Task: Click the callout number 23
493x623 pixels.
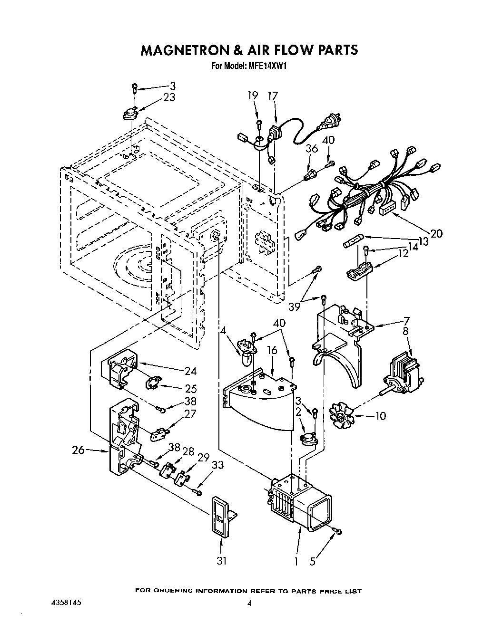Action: click(169, 97)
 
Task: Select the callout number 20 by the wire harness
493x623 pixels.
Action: click(436, 233)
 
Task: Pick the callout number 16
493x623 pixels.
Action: click(272, 350)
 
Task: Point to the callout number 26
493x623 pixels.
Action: click(79, 450)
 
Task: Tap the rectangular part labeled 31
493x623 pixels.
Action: click(220, 517)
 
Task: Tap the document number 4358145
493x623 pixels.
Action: click(60, 602)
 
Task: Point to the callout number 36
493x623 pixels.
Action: click(312, 149)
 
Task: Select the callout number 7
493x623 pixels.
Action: click(406, 320)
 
